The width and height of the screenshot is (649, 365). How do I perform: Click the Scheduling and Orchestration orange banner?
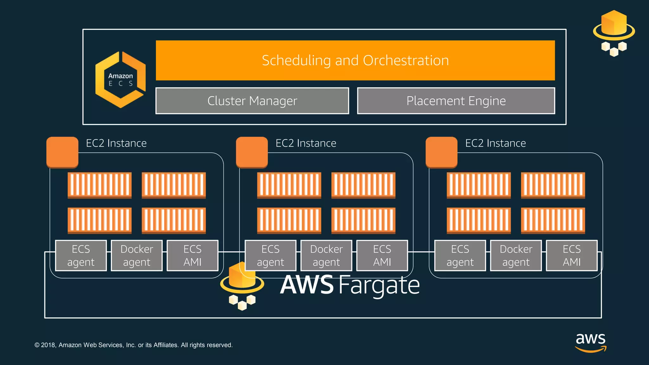point(355,60)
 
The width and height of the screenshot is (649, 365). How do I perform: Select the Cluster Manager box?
point(252,101)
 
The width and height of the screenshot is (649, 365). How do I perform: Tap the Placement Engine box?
point(456,101)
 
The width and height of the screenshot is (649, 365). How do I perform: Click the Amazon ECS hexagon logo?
point(120,80)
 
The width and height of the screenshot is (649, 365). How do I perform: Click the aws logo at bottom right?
point(591,342)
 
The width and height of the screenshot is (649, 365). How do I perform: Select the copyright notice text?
point(133,345)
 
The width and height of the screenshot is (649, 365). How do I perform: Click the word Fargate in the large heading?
point(379,285)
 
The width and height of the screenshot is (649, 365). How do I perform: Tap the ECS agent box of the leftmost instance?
point(81,255)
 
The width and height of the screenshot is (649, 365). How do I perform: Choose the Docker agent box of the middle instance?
point(326,255)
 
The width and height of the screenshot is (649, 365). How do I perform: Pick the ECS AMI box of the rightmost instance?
point(572,255)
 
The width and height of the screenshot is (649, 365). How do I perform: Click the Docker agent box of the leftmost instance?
point(137,255)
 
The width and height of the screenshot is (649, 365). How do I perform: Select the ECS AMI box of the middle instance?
point(382,255)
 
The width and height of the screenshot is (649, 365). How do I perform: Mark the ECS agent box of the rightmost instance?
point(460,255)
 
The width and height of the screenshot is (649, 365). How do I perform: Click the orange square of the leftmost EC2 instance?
point(62,152)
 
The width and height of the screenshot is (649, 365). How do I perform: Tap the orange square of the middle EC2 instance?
point(252,152)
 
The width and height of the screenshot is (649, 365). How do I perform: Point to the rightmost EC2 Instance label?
point(495,143)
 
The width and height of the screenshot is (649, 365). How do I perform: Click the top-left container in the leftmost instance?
point(100,185)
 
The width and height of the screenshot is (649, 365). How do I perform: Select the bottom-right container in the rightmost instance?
point(553,221)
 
